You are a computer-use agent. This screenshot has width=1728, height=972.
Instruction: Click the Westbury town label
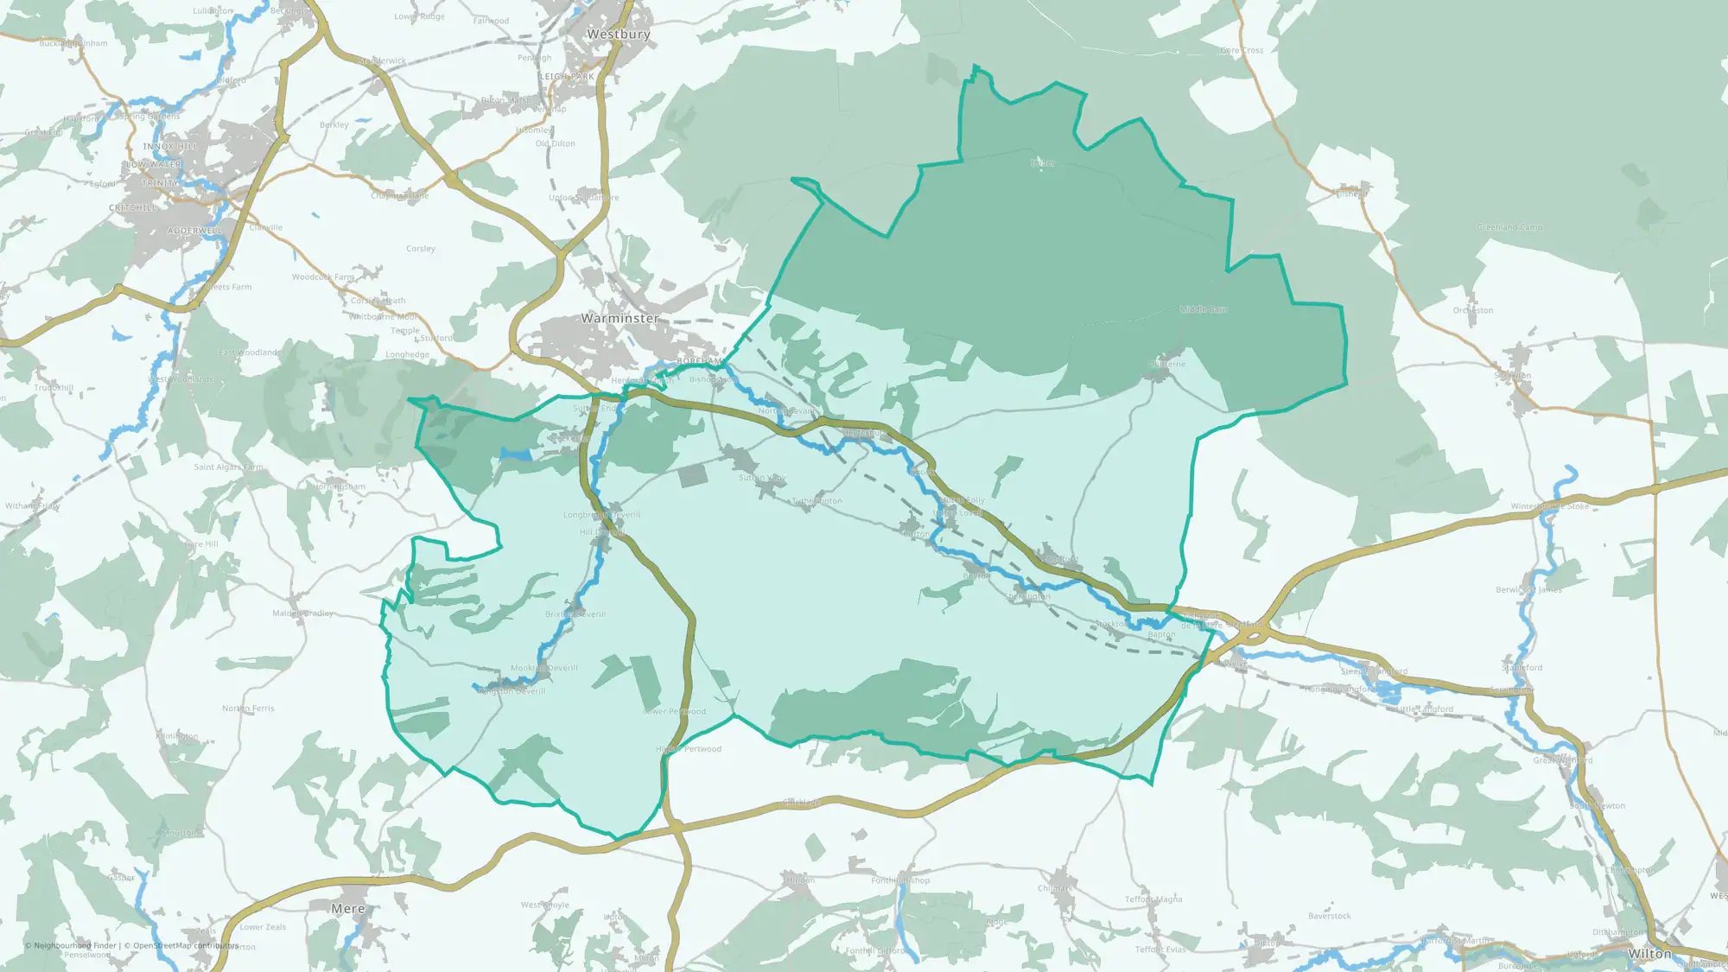[x=618, y=35]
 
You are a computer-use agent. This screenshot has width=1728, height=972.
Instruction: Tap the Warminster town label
[x=619, y=318]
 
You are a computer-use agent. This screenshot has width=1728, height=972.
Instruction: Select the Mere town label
[x=347, y=909]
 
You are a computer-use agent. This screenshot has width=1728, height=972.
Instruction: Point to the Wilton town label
[x=1649, y=954]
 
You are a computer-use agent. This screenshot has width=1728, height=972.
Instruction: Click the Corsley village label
[x=421, y=249]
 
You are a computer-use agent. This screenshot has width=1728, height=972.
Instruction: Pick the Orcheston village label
[x=1473, y=310]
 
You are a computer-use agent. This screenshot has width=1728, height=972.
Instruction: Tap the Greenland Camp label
[x=1509, y=227]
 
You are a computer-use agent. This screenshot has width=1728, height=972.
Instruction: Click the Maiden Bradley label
[x=302, y=613]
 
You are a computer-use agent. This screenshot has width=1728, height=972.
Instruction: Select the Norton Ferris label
[x=248, y=708]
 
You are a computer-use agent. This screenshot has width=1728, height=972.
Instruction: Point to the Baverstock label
[x=1330, y=916]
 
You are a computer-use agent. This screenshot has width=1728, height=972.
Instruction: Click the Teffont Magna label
[x=1153, y=899]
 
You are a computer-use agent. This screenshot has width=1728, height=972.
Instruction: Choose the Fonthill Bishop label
[x=900, y=880]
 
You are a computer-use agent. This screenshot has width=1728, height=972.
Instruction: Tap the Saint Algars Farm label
[x=228, y=467]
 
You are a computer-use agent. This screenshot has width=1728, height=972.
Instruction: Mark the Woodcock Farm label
[x=323, y=277]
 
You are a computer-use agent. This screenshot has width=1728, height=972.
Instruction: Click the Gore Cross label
[x=1242, y=51]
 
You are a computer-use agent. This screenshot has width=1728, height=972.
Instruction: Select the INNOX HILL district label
[x=170, y=147]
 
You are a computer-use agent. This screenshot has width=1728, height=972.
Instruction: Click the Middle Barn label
[x=1204, y=309]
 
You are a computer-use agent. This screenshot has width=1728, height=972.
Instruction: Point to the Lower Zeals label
[x=263, y=927]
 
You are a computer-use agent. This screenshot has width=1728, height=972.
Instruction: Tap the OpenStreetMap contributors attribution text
[x=185, y=945]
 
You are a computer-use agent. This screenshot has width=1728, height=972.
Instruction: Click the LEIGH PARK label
[x=567, y=77]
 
